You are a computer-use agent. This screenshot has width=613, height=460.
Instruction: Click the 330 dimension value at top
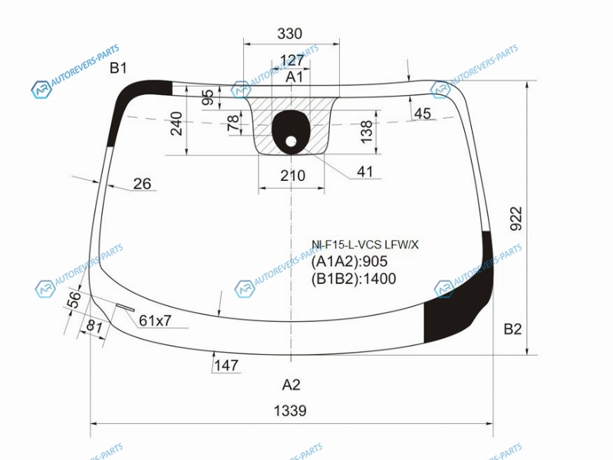click(x=290, y=34)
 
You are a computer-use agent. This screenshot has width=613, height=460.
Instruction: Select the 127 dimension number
click(x=292, y=61)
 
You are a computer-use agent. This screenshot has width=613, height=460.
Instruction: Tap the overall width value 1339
click(x=290, y=411)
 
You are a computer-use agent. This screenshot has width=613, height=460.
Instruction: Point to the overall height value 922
click(x=516, y=219)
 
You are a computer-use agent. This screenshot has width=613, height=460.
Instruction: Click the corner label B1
click(x=118, y=68)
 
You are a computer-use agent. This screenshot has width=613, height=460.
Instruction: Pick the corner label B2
click(x=512, y=329)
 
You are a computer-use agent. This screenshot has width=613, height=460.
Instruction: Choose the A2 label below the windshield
click(x=292, y=385)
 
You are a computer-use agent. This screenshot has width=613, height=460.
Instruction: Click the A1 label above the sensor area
click(x=294, y=77)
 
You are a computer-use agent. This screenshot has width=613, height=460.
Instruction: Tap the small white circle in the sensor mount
click(x=291, y=141)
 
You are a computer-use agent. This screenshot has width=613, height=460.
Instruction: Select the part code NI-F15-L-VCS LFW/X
click(x=364, y=245)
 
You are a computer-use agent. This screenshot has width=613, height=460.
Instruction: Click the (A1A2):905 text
click(x=349, y=261)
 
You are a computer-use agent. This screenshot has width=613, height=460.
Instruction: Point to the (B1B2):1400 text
click(x=354, y=278)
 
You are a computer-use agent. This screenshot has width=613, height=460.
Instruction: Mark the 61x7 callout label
click(x=155, y=320)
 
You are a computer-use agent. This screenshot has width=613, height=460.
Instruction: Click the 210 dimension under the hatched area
click(x=292, y=176)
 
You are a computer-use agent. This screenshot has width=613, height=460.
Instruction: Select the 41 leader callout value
click(x=364, y=172)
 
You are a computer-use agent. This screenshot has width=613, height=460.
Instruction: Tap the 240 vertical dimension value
click(x=176, y=123)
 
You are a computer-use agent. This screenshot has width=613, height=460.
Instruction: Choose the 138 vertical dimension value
click(x=366, y=132)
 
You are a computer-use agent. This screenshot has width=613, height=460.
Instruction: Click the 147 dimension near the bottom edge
click(x=226, y=366)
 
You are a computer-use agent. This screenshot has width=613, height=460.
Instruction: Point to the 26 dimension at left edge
click(x=142, y=184)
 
